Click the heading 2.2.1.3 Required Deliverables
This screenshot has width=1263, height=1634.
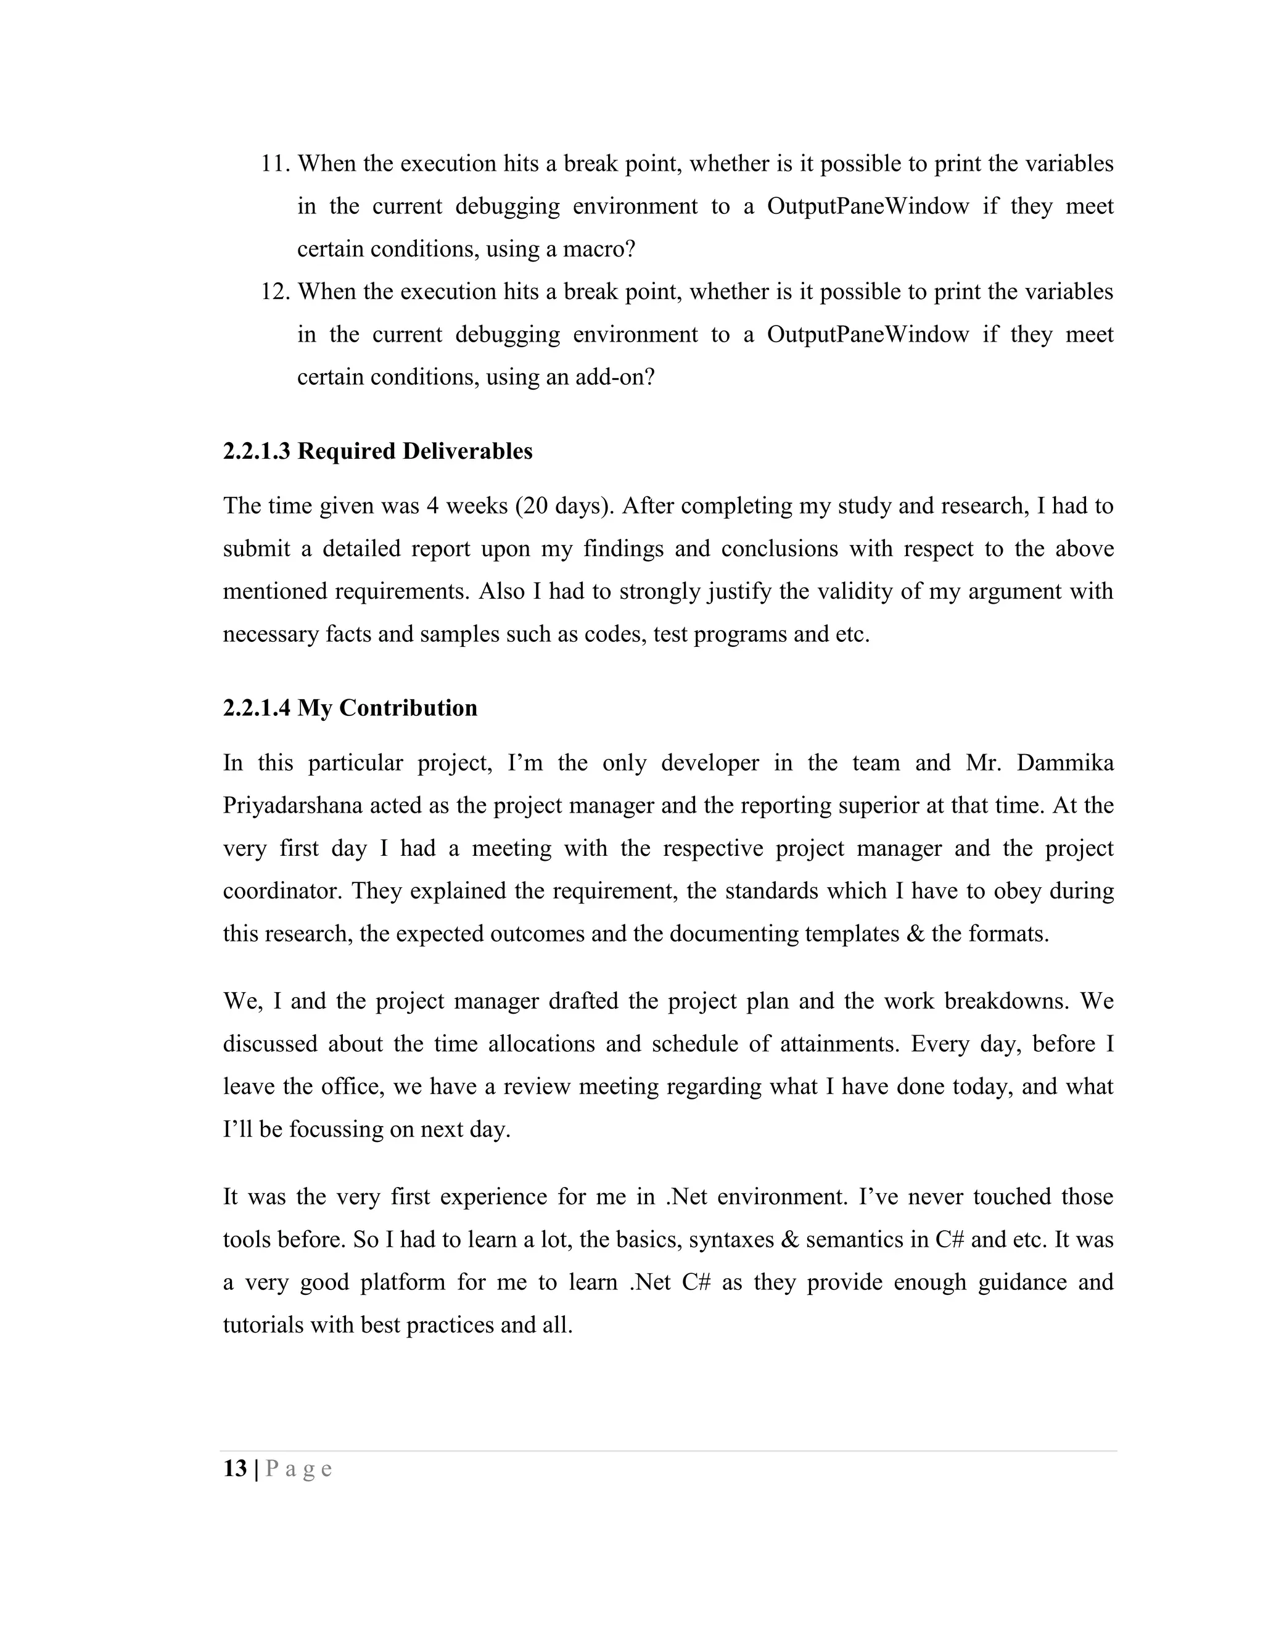378,451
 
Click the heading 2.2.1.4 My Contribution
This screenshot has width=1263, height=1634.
350,708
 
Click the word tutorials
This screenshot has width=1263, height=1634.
262,1325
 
